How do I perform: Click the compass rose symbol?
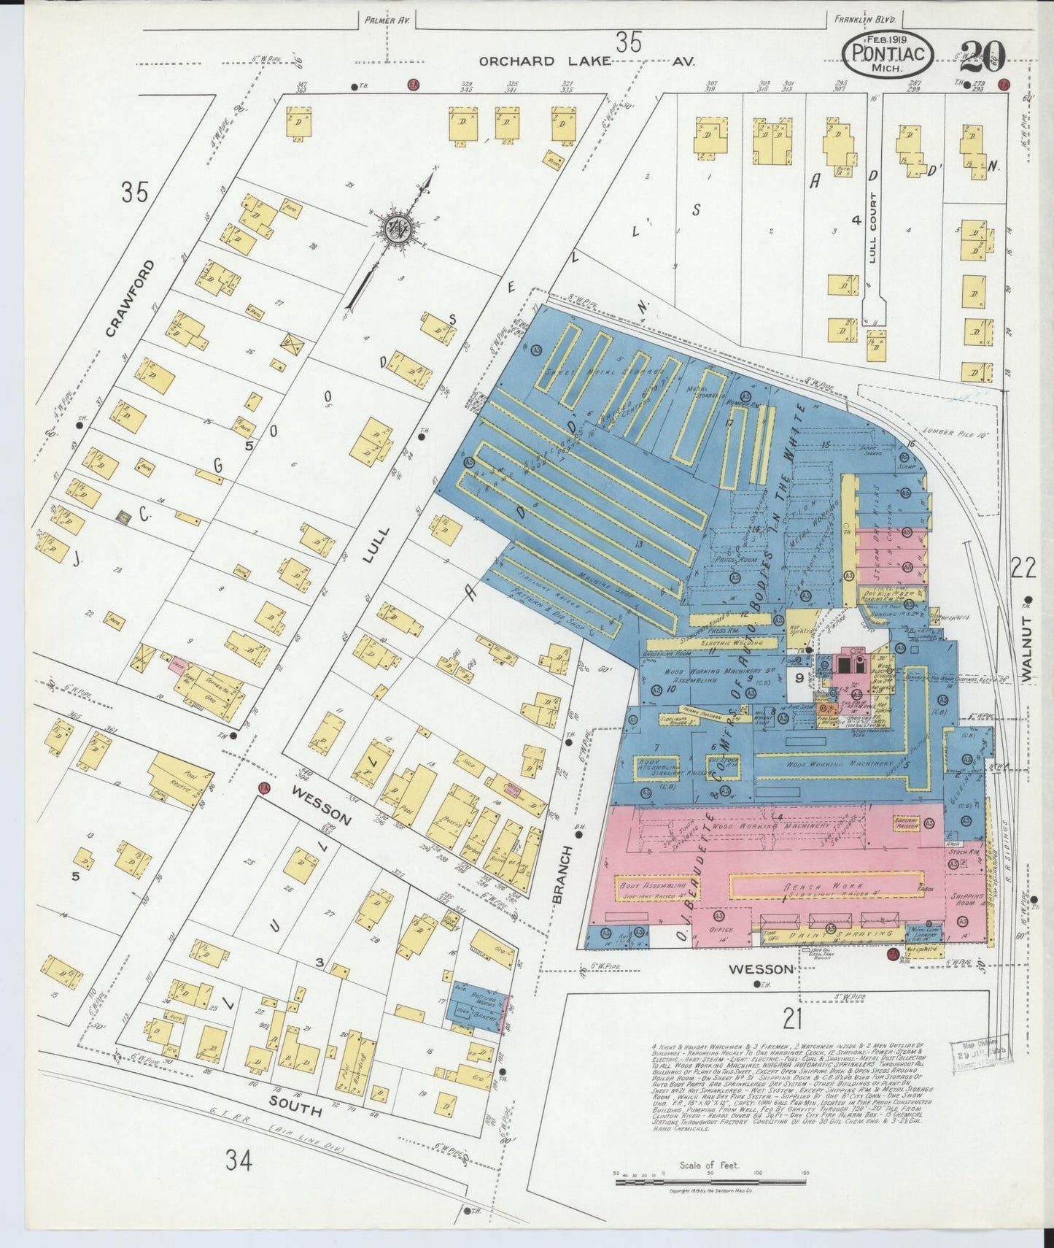click(398, 229)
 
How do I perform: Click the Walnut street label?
click(1028, 649)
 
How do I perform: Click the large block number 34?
click(238, 1160)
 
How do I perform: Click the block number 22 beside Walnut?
click(1023, 566)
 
